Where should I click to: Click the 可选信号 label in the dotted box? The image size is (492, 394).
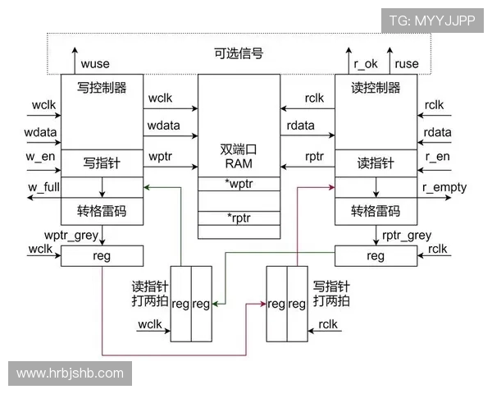(238, 54)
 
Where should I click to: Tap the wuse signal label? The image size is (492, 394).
(95, 63)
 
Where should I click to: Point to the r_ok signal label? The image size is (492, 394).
(365, 63)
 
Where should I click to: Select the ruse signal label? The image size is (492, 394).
(407, 63)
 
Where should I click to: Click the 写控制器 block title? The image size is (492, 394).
(102, 87)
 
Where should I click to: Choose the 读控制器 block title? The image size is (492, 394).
(376, 87)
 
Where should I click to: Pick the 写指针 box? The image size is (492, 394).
(102, 163)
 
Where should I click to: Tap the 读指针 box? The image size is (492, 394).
(376, 163)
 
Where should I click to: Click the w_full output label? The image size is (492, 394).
(43, 187)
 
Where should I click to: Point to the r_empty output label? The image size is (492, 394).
(444, 187)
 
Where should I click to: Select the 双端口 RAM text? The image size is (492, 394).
(239, 157)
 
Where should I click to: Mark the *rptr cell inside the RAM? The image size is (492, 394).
(239, 218)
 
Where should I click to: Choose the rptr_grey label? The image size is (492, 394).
(407, 236)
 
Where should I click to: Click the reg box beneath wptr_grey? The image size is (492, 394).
(102, 256)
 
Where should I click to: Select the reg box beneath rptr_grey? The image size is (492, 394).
(376, 256)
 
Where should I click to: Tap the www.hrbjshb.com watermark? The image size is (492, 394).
(70, 373)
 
